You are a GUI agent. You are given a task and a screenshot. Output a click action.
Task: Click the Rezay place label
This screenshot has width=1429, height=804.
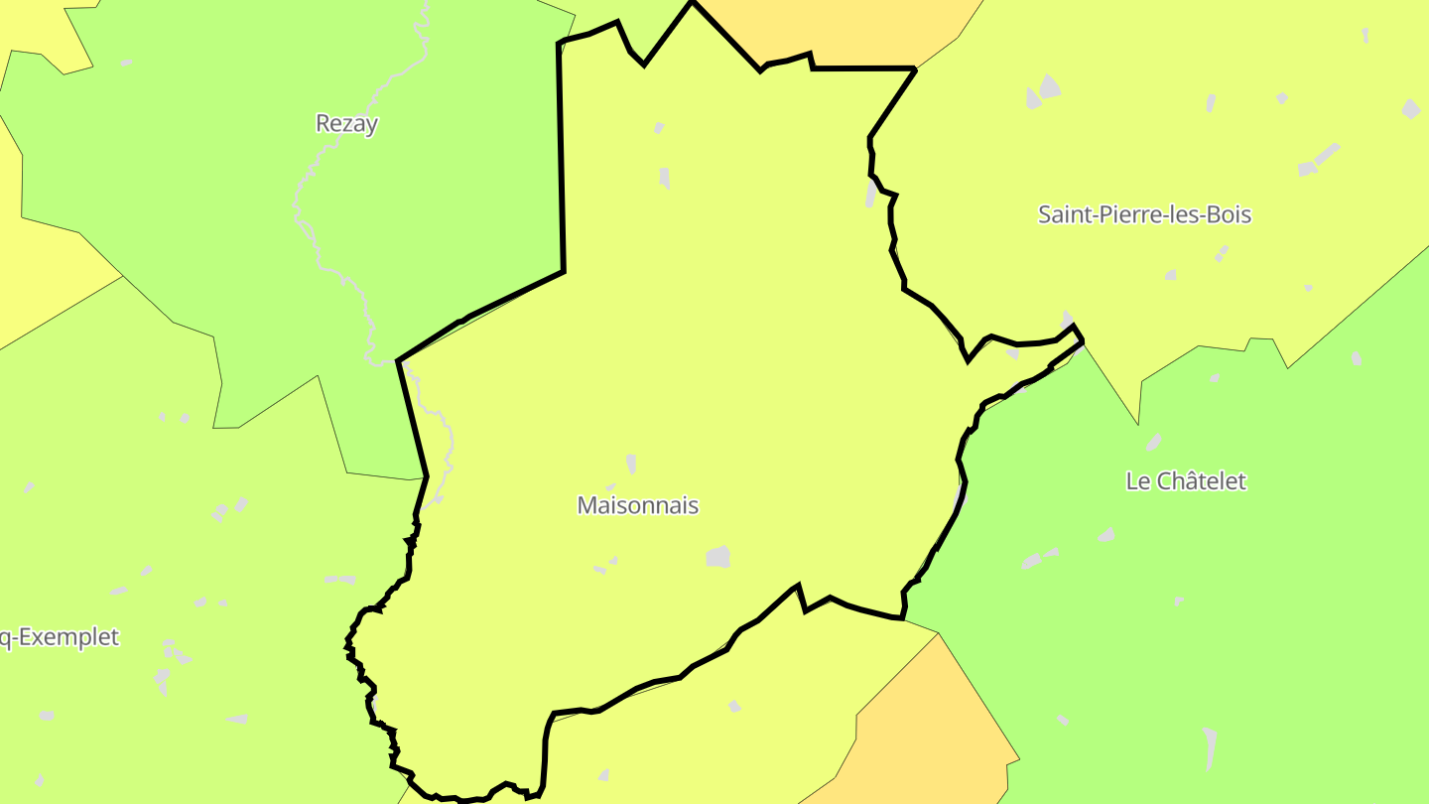coord(346,124)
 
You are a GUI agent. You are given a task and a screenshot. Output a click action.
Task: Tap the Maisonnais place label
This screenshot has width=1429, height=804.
coord(638,505)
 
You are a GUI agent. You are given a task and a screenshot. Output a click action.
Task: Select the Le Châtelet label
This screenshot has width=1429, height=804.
coord(1186,481)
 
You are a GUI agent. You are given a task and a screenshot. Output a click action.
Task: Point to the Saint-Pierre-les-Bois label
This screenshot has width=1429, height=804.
coord(1144,214)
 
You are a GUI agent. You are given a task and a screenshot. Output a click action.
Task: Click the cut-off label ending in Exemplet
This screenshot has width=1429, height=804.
coord(60,637)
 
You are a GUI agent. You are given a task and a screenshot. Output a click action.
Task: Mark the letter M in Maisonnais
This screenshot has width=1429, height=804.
coord(585,505)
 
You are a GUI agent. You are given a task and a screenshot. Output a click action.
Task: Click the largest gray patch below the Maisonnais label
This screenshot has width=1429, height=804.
coord(718,557)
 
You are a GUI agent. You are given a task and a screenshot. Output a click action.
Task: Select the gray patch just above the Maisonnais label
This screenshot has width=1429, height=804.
coord(631,464)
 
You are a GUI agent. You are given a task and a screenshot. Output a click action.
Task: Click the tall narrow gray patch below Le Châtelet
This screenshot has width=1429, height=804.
coord(1209,747)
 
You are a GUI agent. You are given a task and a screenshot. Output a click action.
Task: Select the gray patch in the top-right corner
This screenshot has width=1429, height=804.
coord(1411,108)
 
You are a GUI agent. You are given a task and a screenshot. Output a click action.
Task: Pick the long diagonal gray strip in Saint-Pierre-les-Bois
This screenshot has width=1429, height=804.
coord(1327,155)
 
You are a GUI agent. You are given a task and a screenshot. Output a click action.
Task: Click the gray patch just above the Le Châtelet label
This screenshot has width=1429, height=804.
coord(1154,442)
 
